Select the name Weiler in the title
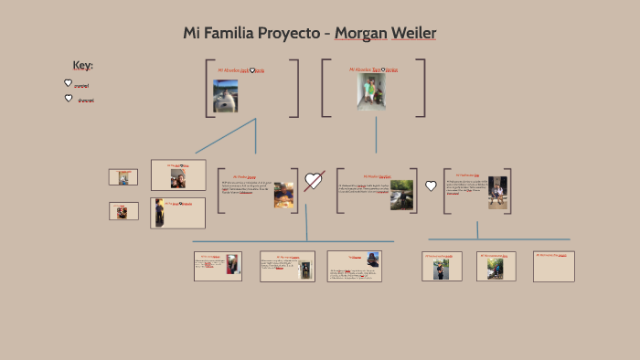pos(414,34)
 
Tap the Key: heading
pos(82,65)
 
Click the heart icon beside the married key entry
pos(68,83)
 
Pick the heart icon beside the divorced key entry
pos(68,98)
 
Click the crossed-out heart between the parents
pos(314,180)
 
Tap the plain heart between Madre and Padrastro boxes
pos(431,186)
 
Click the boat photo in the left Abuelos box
pos(225,95)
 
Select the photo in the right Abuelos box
pos(371,91)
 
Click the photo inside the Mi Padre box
pos(284,195)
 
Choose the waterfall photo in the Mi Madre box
pos(401,194)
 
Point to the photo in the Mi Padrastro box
pos(496,192)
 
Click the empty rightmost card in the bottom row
pos(554,266)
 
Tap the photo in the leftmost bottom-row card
pos(233,266)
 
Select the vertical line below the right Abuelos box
pos(376,134)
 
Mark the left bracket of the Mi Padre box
pos(219,190)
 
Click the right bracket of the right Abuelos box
pos(422,88)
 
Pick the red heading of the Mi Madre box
pos(377,176)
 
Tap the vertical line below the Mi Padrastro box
pos(478,228)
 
